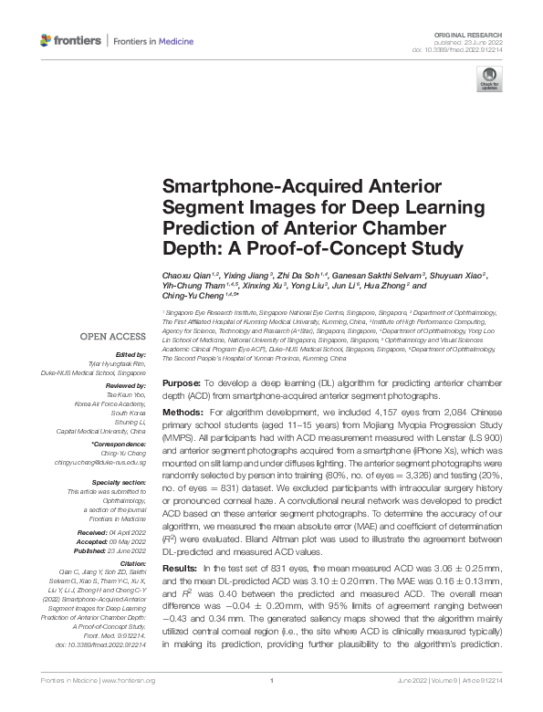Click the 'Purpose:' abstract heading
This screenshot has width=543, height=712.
point(181,383)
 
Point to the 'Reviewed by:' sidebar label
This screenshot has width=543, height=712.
point(127,385)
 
